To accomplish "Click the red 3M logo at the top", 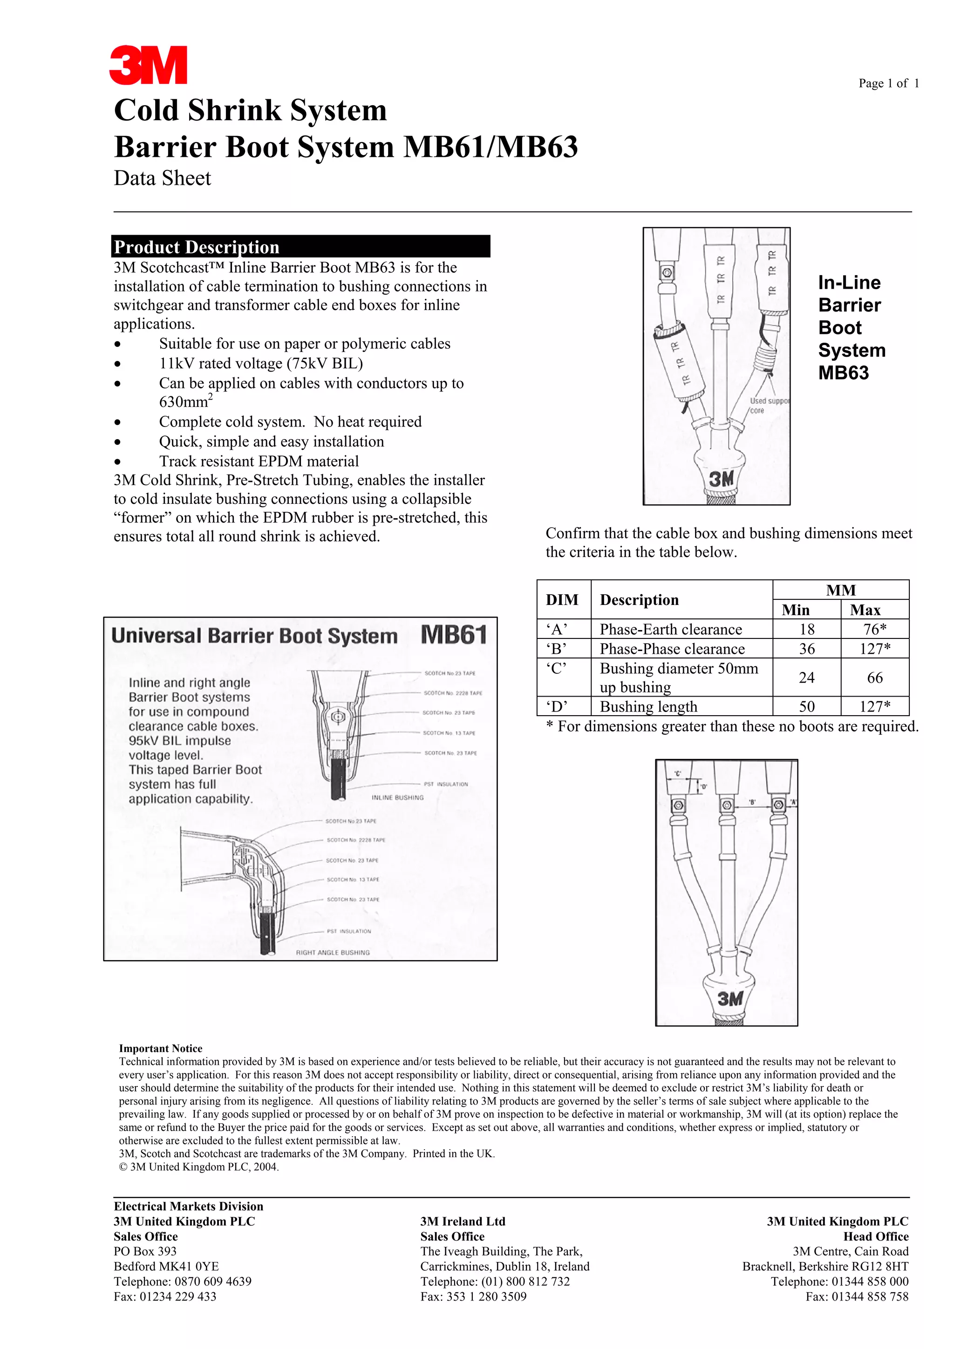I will (x=148, y=65).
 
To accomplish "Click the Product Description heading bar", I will (x=300, y=246).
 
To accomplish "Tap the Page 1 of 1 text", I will (x=888, y=83).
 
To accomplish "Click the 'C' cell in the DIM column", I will (x=556, y=669).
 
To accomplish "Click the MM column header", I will (x=840, y=590).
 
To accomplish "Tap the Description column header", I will (x=639, y=600).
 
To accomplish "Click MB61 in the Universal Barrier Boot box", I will (x=454, y=635).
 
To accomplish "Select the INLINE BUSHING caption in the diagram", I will (x=397, y=797).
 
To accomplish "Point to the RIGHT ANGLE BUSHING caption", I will (x=333, y=952).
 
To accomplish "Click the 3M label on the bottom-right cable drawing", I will (x=729, y=998).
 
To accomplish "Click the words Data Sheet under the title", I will (x=162, y=178).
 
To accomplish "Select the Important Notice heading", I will (x=160, y=1048).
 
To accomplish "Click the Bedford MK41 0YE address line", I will (x=166, y=1266).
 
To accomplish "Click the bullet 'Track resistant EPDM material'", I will (x=259, y=461).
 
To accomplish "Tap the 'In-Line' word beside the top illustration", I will (x=849, y=283).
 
